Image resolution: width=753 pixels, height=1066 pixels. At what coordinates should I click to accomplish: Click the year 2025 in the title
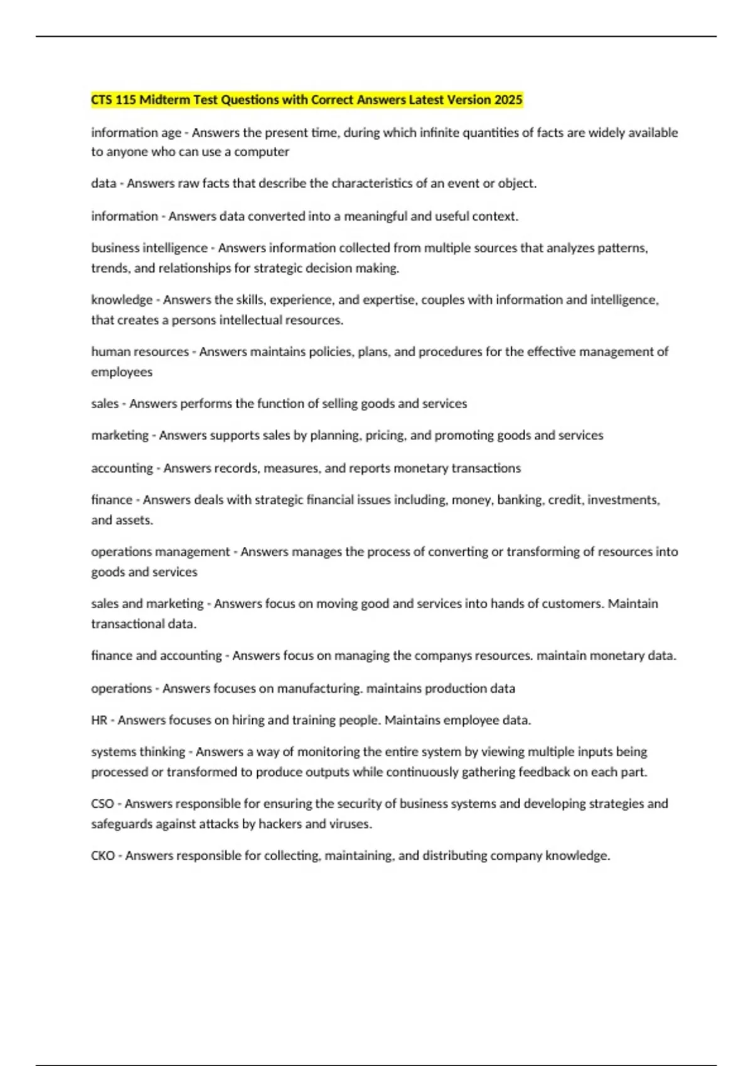point(508,100)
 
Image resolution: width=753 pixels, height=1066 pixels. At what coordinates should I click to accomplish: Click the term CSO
point(102,803)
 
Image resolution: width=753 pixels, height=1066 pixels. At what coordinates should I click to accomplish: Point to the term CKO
point(103,855)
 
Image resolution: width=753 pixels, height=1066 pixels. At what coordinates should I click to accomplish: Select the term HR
point(99,720)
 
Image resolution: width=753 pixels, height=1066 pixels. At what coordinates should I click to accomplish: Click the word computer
point(262,152)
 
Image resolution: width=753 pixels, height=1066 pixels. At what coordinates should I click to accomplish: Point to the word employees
point(122,372)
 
